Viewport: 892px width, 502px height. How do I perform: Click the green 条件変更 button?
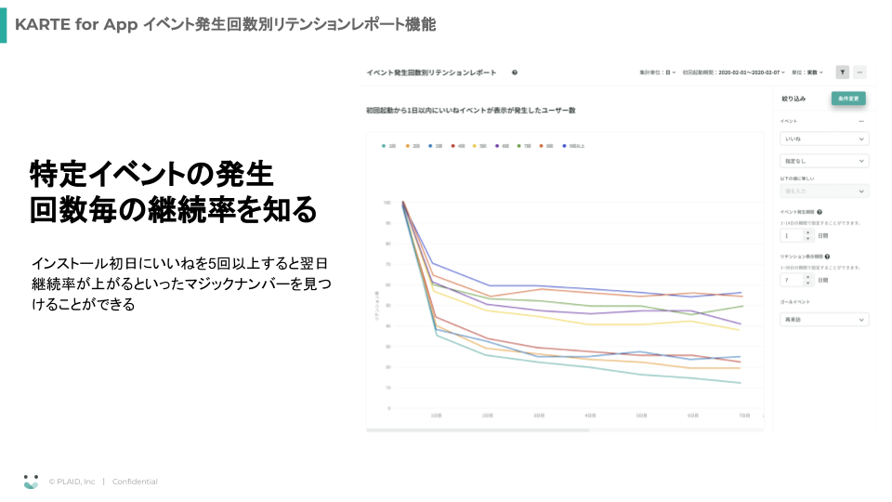click(x=848, y=98)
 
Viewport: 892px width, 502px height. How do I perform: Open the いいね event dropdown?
click(x=824, y=139)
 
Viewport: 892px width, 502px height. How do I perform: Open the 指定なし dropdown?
click(x=824, y=161)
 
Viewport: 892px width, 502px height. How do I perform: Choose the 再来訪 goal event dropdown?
click(x=824, y=320)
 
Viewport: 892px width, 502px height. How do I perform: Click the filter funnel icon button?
click(x=842, y=72)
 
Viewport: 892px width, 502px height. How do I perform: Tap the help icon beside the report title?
click(x=514, y=72)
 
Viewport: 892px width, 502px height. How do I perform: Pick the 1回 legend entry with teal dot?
click(x=389, y=146)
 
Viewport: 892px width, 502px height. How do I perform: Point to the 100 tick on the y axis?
click(x=386, y=202)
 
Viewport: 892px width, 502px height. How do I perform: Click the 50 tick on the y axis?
click(x=386, y=305)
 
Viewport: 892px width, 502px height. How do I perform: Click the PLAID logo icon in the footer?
click(x=32, y=482)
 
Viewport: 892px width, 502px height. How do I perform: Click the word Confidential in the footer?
click(x=135, y=482)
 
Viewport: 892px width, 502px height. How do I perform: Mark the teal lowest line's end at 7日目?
click(x=741, y=383)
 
